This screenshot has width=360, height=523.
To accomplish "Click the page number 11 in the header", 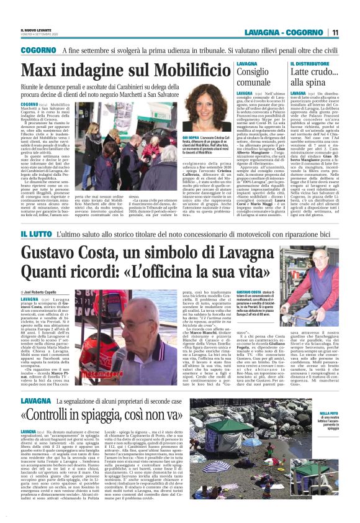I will click(x=335, y=33).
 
